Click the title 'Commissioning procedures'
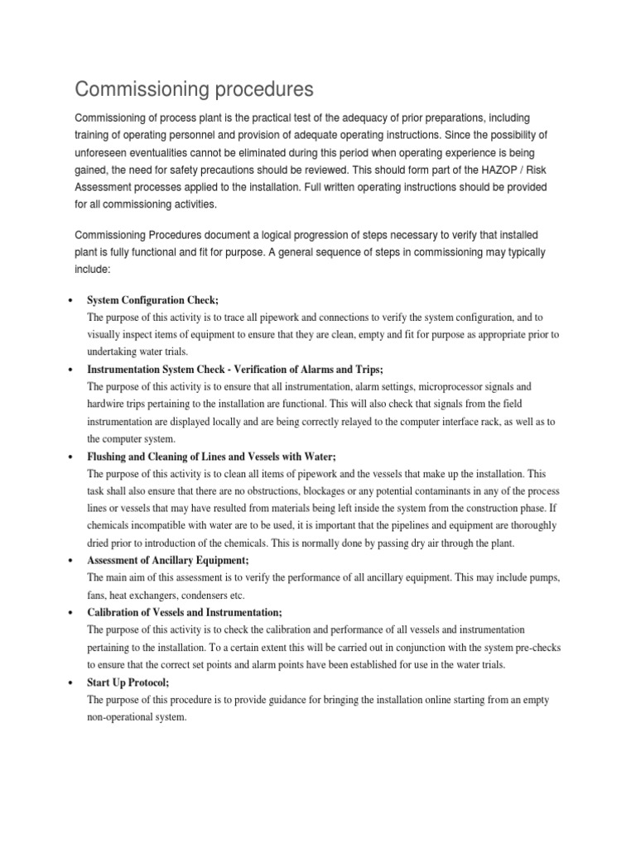pos(194,89)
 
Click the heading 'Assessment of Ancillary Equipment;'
pos(168,560)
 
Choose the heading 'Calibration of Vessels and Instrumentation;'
pos(185,612)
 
